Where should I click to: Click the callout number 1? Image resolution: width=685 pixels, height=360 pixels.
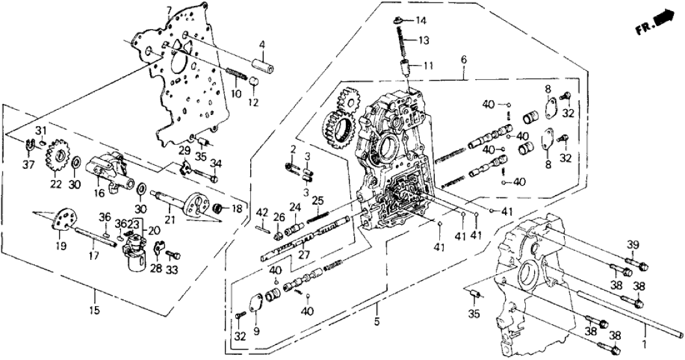(x=645, y=342)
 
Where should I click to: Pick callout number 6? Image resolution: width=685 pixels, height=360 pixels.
(x=463, y=59)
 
